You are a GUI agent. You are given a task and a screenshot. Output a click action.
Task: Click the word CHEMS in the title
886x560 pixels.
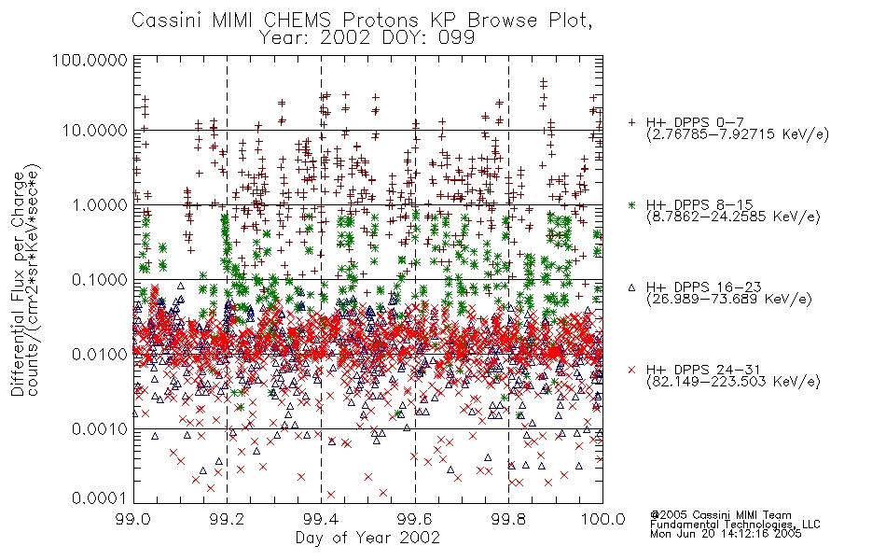click(x=298, y=21)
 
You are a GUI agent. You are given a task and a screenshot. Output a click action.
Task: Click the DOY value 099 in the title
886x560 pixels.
click(x=455, y=38)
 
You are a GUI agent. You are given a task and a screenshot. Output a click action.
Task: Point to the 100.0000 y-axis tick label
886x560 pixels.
click(x=90, y=60)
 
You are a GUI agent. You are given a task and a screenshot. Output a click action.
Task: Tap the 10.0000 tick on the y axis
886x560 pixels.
click(x=95, y=131)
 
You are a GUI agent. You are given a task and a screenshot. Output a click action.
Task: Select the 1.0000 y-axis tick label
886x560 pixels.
click(x=100, y=204)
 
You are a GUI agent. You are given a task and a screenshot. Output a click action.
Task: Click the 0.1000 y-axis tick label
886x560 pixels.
click(x=100, y=279)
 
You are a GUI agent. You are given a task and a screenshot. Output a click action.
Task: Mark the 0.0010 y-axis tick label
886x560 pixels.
click(x=100, y=428)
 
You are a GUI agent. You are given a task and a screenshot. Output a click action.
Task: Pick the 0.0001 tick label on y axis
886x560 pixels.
click(x=100, y=497)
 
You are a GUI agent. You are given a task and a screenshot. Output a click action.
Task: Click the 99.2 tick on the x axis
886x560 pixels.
click(x=228, y=519)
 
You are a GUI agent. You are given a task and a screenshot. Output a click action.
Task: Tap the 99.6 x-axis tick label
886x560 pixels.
click(x=415, y=519)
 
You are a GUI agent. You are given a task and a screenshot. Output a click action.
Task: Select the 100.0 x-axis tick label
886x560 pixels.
click(x=602, y=519)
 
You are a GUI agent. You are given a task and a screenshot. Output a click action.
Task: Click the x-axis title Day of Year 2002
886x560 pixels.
click(x=367, y=538)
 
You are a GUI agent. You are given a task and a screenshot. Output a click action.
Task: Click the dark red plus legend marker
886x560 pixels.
click(x=631, y=122)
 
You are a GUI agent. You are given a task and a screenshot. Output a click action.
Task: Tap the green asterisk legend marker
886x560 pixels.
click(x=631, y=204)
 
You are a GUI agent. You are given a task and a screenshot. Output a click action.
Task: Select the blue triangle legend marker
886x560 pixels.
click(x=631, y=287)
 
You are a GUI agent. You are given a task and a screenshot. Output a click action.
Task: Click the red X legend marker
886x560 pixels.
click(x=631, y=370)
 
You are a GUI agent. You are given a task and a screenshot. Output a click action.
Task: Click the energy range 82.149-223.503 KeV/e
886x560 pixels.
click(x=733, y=382)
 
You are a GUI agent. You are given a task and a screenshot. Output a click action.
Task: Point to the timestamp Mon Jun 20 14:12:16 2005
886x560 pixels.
click(x=726, y=534)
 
